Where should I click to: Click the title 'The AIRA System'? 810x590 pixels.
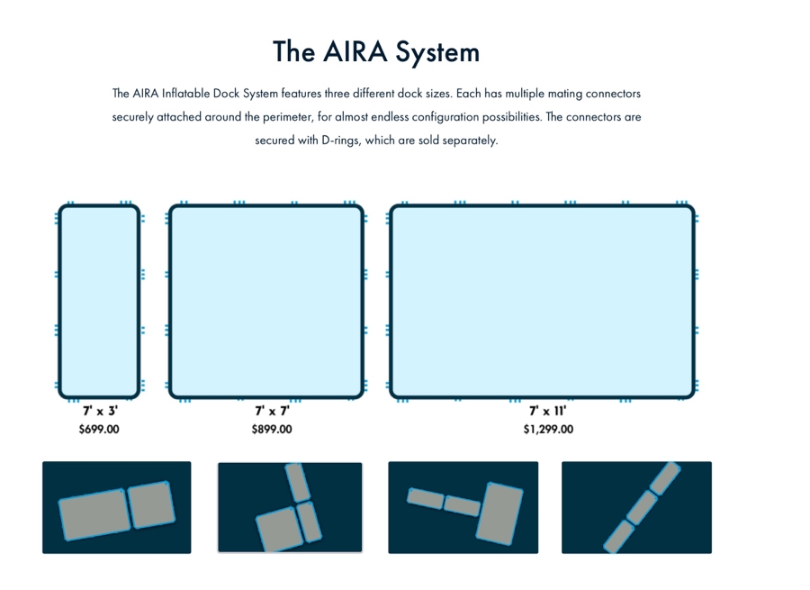tap(376, 52)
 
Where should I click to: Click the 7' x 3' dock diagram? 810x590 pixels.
tap(99, 301)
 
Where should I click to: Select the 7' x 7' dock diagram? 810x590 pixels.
tap(266, 301)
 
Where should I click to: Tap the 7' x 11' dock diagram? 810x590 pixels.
tap(542, 301)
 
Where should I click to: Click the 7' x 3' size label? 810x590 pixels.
tap(99, 412)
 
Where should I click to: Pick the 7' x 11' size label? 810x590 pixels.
tap(547, 412)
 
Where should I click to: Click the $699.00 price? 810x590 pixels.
tap(99, 430)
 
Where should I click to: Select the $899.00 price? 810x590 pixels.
tap(272, 430)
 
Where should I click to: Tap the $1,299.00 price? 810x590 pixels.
tap(548, 430)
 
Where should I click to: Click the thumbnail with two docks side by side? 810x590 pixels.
tap(116, 507)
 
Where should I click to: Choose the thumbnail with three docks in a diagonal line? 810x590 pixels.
tap(636, 507)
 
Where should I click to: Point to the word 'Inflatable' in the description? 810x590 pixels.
tap(186, 94)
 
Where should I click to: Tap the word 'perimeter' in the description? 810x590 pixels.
tap(286, 117)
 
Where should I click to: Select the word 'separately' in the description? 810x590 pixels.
tap(469, 141)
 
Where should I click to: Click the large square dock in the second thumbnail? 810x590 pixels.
tap(276, 529)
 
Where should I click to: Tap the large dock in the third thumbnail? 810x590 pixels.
tap(499, 513)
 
